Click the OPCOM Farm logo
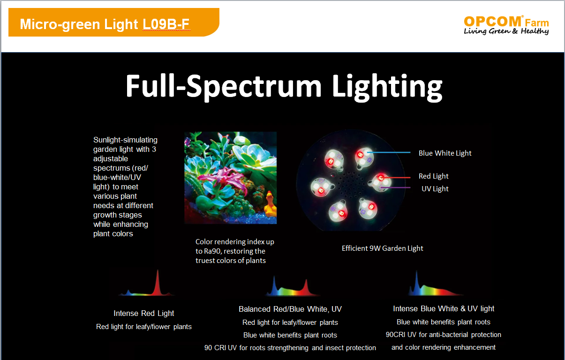click(x=506, y=25)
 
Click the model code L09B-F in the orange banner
click(x=166, y=24)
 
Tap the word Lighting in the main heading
click(x=387, y=87)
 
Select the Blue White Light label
click(x=445, y=153)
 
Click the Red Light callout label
click(x=434, y=176)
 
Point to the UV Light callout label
click(x=435, y=188)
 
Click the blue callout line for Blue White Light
click(x=389, y=152)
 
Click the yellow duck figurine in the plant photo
click(x=271, y=204)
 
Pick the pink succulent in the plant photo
click(x=225, y=179)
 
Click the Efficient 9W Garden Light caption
click(x=383, y=248)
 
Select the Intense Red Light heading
click(x=144, y=313)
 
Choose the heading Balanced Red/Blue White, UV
click(x=290, y=309)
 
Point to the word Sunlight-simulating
click(x=125, y=140)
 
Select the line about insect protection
click(x=290, y=348)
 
